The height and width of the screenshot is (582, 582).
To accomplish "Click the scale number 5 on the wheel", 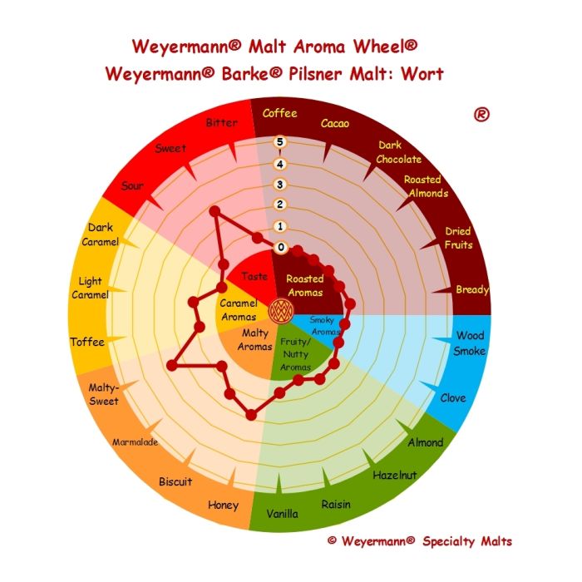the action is (280, 142).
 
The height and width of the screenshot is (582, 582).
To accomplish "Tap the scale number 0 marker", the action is (281, 247).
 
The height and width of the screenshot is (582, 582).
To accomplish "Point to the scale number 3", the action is (280, 185).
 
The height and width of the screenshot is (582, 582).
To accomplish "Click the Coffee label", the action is (279, 113).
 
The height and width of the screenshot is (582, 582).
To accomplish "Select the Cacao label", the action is (335, 123).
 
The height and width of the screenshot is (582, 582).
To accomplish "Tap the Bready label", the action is (472, 289).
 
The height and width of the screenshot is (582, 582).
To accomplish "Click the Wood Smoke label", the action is (470, 343).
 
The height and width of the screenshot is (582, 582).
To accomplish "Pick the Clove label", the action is (453, 398).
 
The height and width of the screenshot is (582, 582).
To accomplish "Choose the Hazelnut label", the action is (395, 475).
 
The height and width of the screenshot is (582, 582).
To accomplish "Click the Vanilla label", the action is (282, 514).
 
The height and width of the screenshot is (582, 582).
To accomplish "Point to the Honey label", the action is (223, 506).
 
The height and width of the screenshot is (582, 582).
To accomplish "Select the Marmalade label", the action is (135, 442).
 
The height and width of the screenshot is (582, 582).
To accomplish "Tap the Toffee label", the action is (87, 342).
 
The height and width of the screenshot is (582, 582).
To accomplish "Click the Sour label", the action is (132, 185).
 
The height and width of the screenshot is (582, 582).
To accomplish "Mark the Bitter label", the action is (222, 123).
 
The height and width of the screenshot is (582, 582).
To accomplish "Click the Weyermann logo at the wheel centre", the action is (281, 312).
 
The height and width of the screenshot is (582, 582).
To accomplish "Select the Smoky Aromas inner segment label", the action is (324, 326).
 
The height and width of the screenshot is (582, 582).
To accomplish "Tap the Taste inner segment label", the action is (254, 276).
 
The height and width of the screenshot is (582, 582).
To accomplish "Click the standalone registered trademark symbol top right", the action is (481, 115).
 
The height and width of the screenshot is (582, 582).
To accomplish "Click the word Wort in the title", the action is (422, 74).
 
